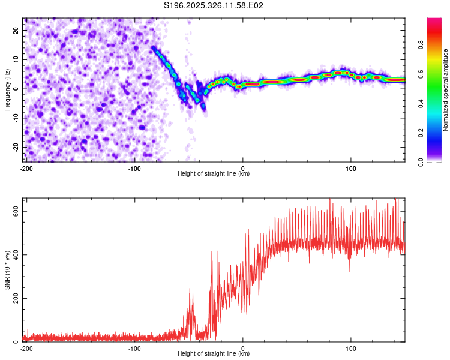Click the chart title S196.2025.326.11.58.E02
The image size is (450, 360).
click(x=214, y=5)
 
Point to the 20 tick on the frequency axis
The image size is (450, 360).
click(x=16, y=30)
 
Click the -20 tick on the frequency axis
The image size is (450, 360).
click(x=15, y=147)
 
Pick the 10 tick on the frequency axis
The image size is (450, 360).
click(x=16, y=59)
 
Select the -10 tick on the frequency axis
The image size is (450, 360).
click(x=15, y=118)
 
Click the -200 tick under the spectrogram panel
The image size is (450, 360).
click(x=26, y=167)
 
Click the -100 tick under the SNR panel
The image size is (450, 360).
click(x=134, y=347)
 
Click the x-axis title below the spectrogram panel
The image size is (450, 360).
click(x=214, y=174)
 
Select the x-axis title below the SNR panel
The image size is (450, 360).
click(x=214, y=354)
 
